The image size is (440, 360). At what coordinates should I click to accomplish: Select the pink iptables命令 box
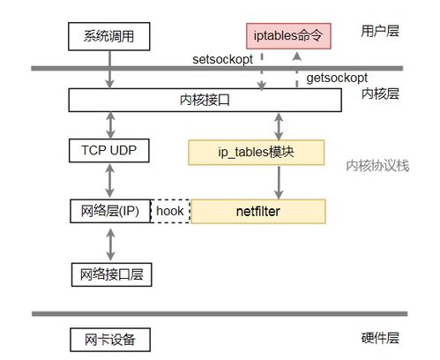pos(285,37)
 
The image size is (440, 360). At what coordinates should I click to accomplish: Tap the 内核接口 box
pos(205,101)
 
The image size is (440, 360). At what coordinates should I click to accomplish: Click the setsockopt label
pos(225,59)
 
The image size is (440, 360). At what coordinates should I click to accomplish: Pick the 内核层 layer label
pos(380,94)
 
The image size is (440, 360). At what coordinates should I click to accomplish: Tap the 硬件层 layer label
pos(380,338)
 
